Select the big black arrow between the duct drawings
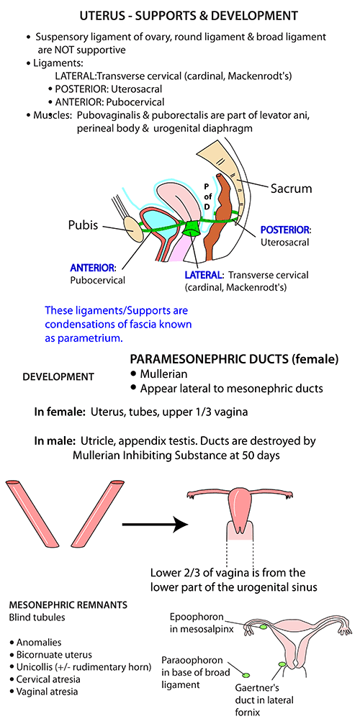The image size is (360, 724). click(155, 524)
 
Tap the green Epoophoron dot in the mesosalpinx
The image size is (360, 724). click(264, 627)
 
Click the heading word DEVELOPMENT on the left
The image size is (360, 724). click(58, 376)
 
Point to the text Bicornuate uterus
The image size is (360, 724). click(54, 654)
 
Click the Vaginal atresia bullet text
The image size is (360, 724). click(47, 691)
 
